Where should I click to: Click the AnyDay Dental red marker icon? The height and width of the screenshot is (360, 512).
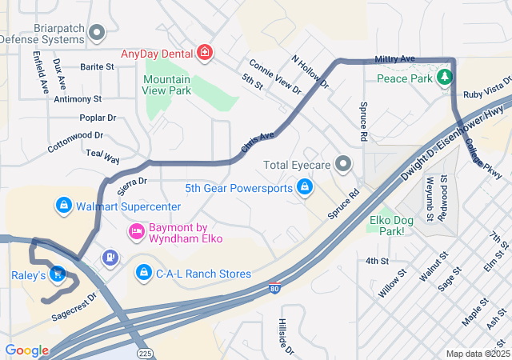(205, 54)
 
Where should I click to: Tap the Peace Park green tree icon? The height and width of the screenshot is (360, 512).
(445, 78)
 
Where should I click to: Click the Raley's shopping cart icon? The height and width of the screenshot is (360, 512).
(57, 274)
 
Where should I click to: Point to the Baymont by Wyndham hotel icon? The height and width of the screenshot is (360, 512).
(136, 232)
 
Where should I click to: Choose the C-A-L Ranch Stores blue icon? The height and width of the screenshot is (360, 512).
(143, 274)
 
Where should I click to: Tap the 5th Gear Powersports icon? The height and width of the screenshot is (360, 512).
(304, 188)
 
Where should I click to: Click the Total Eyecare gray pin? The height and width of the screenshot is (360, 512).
(344, 165)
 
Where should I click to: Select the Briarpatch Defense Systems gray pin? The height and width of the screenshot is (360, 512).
(97, 33)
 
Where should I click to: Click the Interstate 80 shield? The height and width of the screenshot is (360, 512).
(274, 288)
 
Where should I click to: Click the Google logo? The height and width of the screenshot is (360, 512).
(26, 350)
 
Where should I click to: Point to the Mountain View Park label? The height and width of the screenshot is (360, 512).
(167, 85)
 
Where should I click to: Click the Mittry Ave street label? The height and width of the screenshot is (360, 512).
(395, 59)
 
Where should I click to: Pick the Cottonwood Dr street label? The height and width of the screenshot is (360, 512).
(75, 142)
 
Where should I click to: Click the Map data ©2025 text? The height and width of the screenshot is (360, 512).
(477, 354)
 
